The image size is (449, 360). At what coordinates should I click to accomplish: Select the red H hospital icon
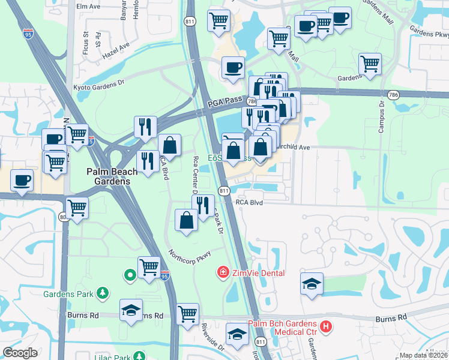coord(326,327)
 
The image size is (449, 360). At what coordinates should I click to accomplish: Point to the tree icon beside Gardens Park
coord(104,293)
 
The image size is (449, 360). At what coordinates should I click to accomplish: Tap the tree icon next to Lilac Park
coord(139,356)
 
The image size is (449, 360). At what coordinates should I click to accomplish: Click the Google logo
coord(20,353)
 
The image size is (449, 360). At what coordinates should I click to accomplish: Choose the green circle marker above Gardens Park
coord(129,275)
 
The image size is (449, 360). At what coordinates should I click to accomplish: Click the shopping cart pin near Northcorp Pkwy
coord(149,267)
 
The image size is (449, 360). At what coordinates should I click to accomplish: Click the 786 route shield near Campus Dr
coord(393,95)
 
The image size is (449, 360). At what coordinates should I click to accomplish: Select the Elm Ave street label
coord(88,6)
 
